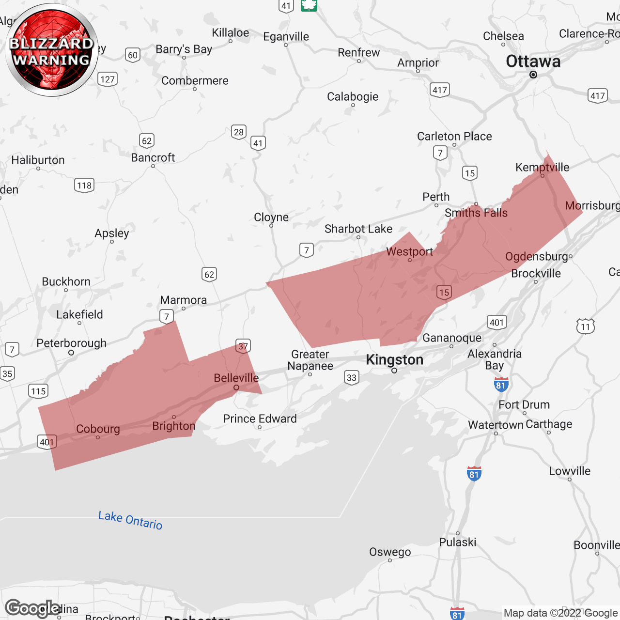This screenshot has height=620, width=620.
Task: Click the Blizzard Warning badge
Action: (52, 50)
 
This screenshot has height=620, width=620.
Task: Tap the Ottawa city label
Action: (533, 62)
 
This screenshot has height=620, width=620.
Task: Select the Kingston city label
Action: (394, 360)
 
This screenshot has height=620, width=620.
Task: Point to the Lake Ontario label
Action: (130, 520)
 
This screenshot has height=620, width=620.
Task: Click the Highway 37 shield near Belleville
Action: (243, 346)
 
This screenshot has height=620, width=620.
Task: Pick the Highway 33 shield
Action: (352, 378)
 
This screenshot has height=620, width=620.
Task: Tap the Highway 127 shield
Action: (108, 79)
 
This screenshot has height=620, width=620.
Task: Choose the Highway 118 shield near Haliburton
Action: (84, 186)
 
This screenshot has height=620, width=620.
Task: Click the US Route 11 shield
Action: (586, 326)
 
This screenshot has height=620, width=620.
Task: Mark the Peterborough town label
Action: (72, 343)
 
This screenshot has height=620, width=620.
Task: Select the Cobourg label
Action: (98, 429)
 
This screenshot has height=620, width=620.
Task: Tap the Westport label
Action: (409, 252)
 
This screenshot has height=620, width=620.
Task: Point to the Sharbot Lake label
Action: (358, 229)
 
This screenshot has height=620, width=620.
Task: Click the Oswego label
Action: (390, 552)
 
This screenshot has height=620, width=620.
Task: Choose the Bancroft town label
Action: (153, 158)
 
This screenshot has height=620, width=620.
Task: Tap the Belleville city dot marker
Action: (236, 387)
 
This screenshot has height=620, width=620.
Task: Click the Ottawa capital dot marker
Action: (533, 75)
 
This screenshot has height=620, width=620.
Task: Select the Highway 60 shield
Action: (133, 55)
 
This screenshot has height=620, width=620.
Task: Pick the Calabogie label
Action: (353, 97)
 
